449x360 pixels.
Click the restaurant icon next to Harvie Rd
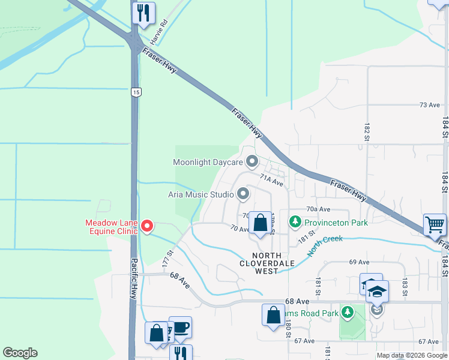[143, 13]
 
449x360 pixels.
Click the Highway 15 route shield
[137, 92]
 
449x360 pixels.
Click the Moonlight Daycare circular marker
[253, 162]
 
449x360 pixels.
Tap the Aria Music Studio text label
[200, 194]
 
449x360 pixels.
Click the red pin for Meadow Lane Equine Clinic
[148, 226]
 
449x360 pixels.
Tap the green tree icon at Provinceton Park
[295, 223]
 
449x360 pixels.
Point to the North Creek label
[325, 245]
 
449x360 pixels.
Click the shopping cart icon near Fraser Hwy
[435, 225]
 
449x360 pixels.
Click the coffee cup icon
[181, 328]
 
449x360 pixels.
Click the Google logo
[20, 353]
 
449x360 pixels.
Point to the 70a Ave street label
[318, 209]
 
